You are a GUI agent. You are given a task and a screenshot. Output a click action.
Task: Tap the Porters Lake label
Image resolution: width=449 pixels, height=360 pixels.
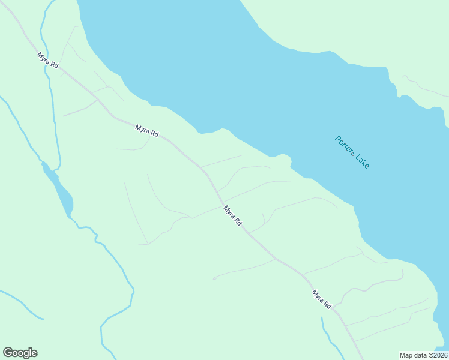tap(352, 152)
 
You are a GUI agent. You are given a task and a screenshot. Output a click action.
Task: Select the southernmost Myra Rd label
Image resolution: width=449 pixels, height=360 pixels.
tap(322, 299)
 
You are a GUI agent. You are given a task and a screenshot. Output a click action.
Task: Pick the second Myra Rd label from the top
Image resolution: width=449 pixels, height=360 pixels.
tap(146, 131)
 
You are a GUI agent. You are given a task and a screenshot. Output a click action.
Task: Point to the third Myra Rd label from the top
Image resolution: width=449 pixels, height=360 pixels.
tap(232, 215)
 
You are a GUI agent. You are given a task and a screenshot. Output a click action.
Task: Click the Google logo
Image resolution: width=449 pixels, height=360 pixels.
tap(20, 353)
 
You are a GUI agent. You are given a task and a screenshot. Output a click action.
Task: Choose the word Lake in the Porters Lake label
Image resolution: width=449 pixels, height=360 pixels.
tap(362, 160)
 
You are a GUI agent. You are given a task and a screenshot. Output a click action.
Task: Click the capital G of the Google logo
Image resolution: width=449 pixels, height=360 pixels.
tap(8, 353)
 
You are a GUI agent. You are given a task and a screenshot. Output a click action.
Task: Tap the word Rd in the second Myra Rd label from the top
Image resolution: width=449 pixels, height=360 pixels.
tap(154, 134)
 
